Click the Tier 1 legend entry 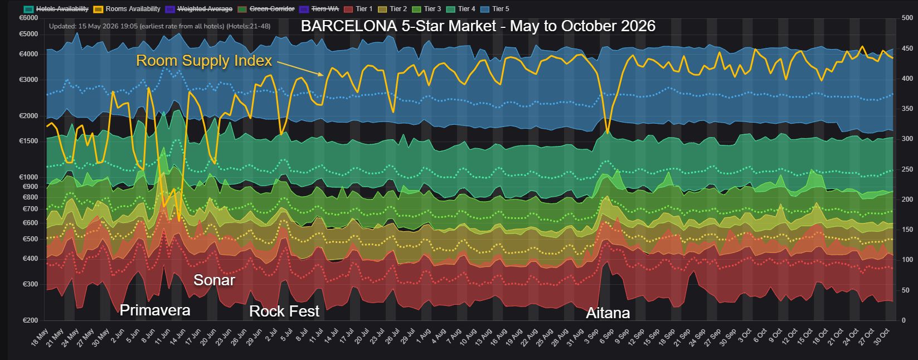358,8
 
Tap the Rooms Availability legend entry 127,8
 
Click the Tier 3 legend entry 426,8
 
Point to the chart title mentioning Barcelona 478,26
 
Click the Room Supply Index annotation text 204,61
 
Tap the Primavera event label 155,310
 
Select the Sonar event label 214,280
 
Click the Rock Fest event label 284,312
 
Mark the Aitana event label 608,313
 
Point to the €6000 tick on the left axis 28,18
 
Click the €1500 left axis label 28,141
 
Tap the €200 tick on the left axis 30,320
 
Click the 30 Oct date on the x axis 882,337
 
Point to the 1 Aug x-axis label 424,336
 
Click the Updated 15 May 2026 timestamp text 160,26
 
